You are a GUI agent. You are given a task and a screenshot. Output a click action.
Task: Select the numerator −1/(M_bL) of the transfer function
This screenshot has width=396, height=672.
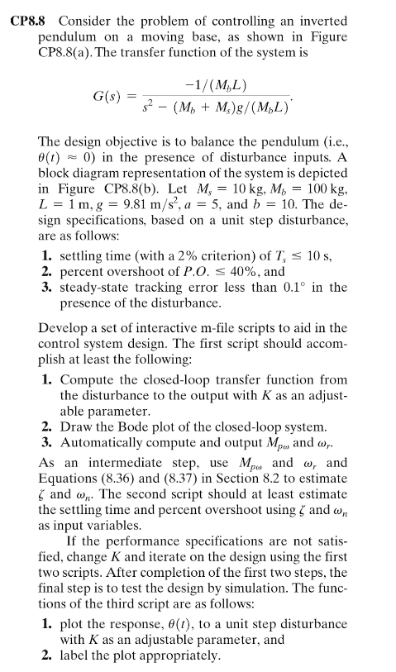pyautogui.click(x=216, y=86)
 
